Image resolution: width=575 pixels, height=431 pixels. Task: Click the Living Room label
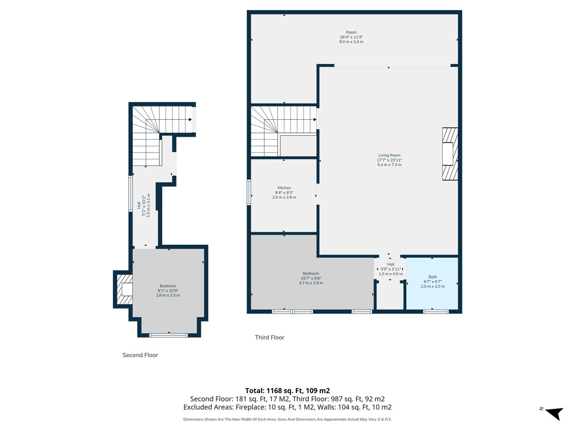(389, 155)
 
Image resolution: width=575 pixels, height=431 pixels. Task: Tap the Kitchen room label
(284, 188)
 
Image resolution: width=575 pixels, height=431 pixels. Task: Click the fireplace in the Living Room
(450, 154)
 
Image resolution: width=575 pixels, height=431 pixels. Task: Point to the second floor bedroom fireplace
(124, 289)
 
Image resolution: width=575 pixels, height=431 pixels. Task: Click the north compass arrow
(553, 413)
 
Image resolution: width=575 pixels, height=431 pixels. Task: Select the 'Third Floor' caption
(270, 337)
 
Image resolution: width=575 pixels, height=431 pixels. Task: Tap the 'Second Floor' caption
(140, 355)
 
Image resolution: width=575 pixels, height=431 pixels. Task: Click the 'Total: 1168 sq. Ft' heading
(287, 391)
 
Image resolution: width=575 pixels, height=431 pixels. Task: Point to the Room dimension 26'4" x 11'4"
(351, 37)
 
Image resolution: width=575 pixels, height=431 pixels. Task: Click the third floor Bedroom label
(311, 273)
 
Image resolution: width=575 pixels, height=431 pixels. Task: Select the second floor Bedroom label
(168, 286)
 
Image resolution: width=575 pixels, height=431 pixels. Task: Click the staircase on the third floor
(272, 130)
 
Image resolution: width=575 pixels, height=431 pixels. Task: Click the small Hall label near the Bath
(391, 264)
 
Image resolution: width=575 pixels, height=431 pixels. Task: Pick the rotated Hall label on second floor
(139, 205)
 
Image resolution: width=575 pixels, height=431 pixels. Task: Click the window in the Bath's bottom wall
(436, 311)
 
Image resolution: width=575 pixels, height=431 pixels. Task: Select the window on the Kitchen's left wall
(249, 192)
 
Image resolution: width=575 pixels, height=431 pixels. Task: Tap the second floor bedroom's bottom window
(168, 335)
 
